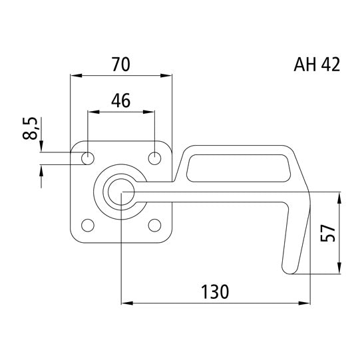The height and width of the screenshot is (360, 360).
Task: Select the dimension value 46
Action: click(x=120, y=100)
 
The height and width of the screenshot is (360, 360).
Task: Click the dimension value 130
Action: click(x=214, y=291)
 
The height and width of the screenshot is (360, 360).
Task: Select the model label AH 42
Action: click(x=316, y=65)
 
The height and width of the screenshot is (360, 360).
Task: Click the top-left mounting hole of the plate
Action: click(x=87, y=158)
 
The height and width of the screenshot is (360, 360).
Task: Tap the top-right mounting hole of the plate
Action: click(x=154, y=158)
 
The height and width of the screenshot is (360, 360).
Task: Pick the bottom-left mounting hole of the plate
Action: click(x=87, y=225)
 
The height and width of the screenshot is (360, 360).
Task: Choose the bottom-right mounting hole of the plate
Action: click(x=154, y=225)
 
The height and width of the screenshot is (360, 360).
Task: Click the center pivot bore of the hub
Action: click(x=120, y=192)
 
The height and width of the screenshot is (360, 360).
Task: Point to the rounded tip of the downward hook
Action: click(x=289, y=268)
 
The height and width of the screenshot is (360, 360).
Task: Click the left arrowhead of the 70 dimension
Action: click(x=74, y=76)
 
